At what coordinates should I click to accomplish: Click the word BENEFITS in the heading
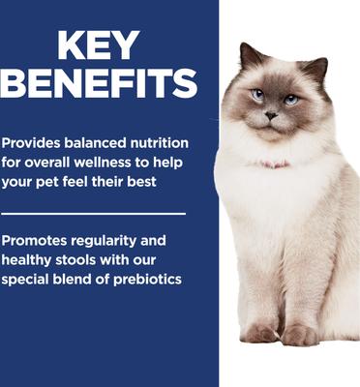click(100, 83)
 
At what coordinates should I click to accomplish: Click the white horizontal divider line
click(94, 213)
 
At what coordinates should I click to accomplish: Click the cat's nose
click(271, 115)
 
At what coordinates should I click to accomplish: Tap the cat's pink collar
click(275, 165)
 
